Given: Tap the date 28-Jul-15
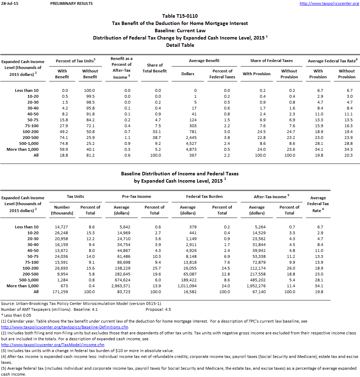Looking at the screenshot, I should coord(8,3).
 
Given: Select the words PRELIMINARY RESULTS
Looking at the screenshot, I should coord(71,3).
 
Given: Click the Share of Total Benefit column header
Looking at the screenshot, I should coord(155,68).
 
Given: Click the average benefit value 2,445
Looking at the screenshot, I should coord(189,138).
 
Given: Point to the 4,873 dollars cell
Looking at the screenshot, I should coord(189,149).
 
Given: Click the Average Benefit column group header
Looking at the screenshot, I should coord(204,61).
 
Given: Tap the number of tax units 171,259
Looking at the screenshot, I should coord(62,292).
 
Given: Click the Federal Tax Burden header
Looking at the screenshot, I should coord(204,196).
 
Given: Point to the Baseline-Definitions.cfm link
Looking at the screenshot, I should coord(65,327).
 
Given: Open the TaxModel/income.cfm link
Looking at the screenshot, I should coord(53,345).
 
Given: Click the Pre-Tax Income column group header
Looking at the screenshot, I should coord(137,196).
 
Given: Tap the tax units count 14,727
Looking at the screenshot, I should coord(62,227).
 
